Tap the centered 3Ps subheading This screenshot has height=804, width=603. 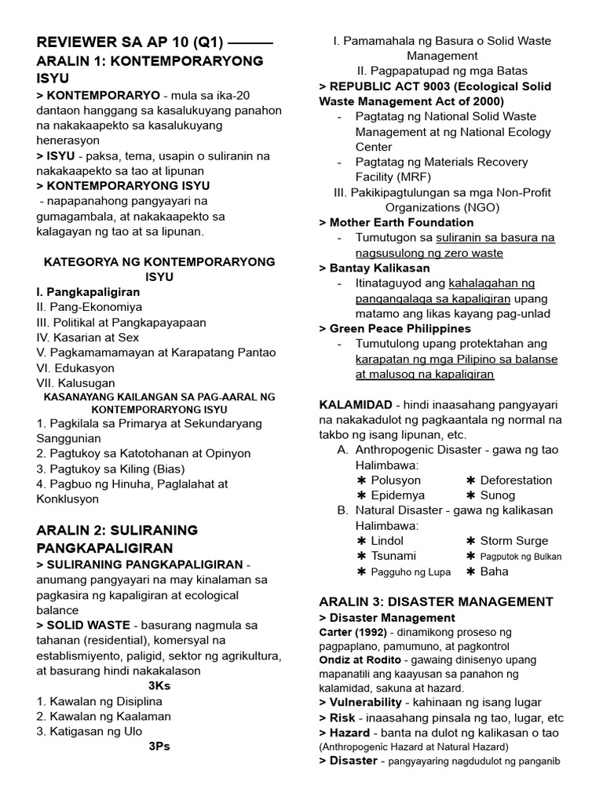coord(159,746)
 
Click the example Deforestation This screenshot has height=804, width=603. coord(516,480)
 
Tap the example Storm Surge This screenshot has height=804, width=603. coord(514,540)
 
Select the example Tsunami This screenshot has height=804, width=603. coord(394,555)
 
